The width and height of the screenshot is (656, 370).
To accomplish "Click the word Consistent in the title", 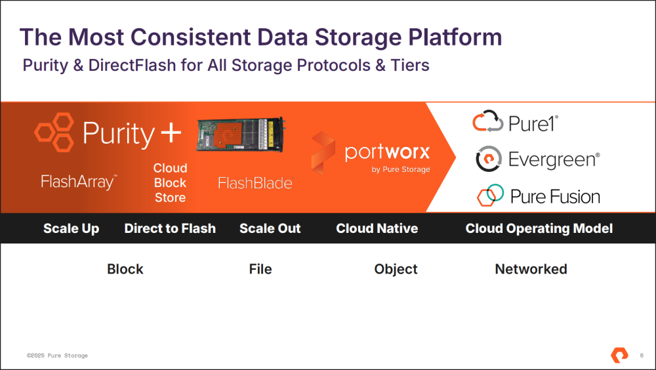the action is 190,37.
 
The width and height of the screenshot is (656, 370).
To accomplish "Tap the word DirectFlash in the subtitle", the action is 133,66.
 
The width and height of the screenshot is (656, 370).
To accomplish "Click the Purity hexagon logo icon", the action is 54,132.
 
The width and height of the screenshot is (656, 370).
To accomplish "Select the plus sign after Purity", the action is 171,133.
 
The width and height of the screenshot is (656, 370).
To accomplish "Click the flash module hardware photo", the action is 241,134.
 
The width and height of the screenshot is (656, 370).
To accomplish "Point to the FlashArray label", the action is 79,182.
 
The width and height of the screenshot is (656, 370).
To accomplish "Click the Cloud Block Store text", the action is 170,183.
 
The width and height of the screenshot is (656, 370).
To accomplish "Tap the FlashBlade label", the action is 256,183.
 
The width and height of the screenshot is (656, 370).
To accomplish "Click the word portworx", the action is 388,152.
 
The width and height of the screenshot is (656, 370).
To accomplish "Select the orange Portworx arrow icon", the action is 323,153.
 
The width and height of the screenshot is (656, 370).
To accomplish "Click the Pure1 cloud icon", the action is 488,121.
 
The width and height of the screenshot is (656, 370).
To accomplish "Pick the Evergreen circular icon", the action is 488,159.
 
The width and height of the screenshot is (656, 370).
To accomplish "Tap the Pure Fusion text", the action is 555,197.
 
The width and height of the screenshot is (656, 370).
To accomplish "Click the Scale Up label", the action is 71,228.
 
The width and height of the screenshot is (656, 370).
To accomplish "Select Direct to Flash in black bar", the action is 170,228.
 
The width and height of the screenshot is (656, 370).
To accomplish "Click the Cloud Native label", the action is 377,228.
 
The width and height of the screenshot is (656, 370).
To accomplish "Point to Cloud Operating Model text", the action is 539,228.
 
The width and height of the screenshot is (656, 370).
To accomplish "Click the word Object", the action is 396,269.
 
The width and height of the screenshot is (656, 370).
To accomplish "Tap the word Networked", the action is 531,269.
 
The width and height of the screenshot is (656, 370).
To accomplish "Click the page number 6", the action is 642,356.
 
